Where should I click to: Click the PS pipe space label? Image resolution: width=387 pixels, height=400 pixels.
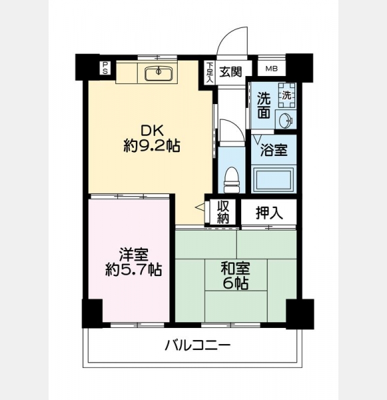105,68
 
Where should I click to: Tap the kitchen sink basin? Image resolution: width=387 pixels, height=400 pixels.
159,73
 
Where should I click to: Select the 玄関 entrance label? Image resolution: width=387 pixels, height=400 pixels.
230,72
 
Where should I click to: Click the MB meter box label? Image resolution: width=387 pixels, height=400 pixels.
271,69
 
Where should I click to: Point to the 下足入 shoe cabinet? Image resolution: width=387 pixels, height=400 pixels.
210,72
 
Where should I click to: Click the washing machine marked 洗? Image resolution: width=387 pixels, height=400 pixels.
287,95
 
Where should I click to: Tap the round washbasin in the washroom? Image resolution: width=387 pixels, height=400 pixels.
286,121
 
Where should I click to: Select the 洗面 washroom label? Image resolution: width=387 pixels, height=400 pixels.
263,105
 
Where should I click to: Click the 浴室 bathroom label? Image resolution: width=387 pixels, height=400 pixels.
274,150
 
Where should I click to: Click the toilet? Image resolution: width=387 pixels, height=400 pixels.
231,179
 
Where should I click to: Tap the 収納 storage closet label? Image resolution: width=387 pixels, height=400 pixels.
223,212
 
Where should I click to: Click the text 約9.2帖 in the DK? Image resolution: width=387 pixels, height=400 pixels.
152,147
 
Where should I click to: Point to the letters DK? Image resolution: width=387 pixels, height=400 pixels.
152,131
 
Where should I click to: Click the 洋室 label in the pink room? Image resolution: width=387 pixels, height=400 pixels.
134,255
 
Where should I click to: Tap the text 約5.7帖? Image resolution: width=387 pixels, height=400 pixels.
134,269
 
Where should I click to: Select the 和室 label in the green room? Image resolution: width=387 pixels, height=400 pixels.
235,268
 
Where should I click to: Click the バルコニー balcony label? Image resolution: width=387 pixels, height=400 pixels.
198,345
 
